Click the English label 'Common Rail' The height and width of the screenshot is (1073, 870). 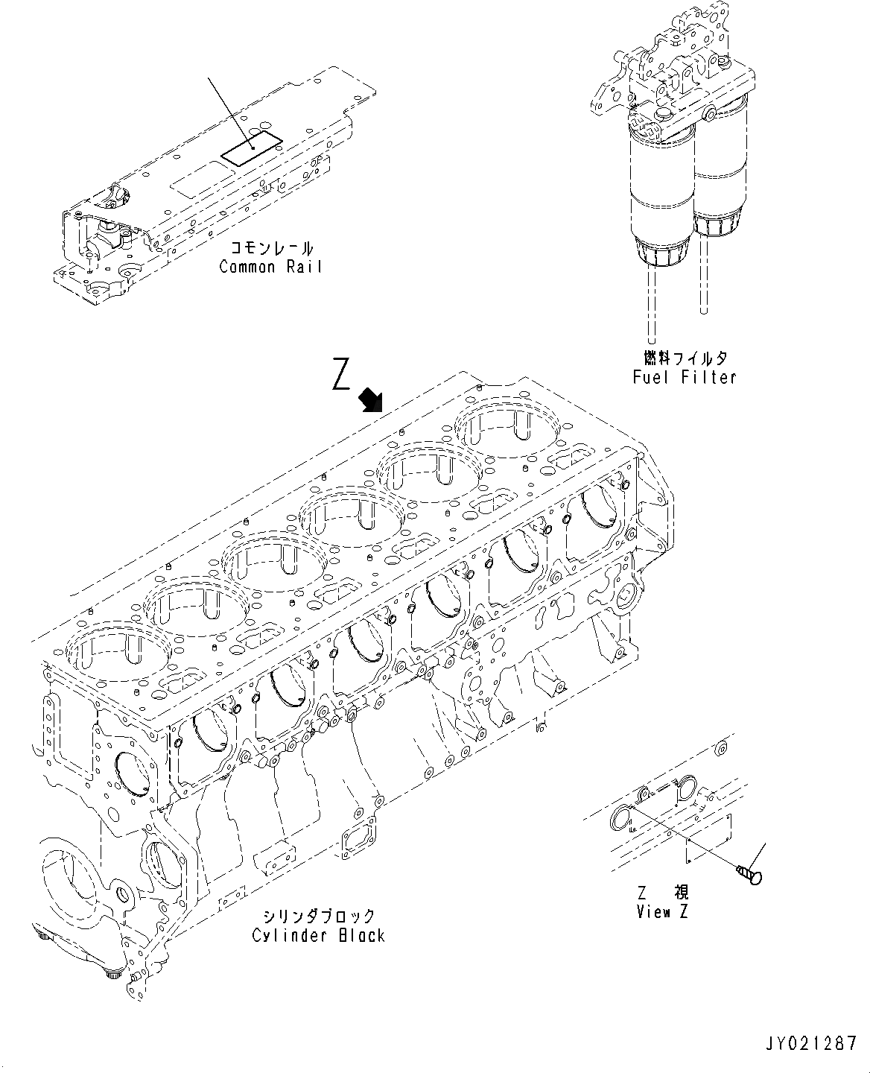tap(270, 267)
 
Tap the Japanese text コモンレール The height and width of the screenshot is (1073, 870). tap(270, 249)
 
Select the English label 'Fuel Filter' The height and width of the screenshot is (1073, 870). tap(684, 377)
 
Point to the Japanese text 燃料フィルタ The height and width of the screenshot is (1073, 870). tap(684, 359)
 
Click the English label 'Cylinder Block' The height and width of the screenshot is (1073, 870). tap(318, 935)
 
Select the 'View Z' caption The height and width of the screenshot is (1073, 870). tap(663, 912)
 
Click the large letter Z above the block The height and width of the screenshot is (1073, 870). tap(342, 374)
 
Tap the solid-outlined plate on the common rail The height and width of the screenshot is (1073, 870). tap(253, 149)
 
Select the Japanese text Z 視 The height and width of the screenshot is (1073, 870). tap(663, 893)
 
